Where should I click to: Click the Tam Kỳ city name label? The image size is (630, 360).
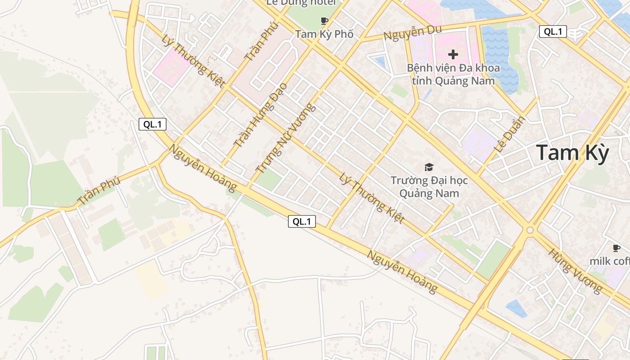(572, 153)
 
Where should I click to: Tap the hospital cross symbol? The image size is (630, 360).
(453, 55)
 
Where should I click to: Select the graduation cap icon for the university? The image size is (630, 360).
(429, 167)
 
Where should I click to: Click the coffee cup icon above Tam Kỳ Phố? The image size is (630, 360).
(324, 21)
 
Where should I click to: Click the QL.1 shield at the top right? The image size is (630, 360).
(553, 31)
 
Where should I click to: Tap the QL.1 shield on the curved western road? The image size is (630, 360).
(153, 125)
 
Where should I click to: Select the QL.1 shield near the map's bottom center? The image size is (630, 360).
(302, 221)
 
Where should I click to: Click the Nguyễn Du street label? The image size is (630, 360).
(413, 32)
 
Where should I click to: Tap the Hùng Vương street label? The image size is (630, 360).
(575, 270)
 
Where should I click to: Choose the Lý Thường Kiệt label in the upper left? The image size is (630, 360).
(193, 61)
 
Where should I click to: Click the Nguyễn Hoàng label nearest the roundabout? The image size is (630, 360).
(402, 271)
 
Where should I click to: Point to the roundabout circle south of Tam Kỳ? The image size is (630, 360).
(530, 230)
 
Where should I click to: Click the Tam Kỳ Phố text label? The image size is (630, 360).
(324, 34)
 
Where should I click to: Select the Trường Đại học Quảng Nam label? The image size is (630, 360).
(429, 187)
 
